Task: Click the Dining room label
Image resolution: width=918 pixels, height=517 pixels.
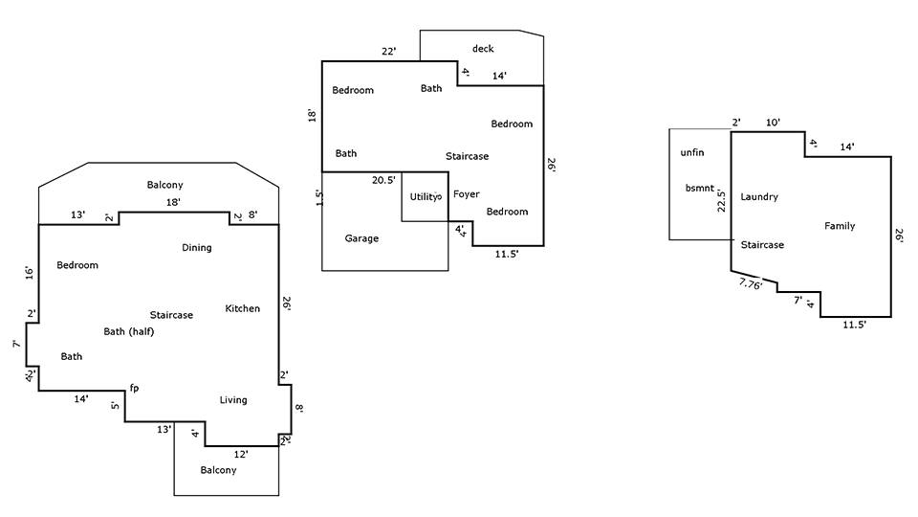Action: point(197,248)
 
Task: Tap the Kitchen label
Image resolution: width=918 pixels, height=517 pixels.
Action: point(242,308)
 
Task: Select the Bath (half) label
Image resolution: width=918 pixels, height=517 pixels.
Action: point(129,332)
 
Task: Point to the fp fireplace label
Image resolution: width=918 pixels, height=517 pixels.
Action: point(134,388)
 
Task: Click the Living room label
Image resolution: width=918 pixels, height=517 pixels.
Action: point(233,400)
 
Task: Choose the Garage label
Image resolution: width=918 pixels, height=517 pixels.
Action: point(361,238)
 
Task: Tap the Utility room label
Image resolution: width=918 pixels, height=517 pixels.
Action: point(424,197)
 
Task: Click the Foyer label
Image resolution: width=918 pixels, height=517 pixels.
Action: point(466,194)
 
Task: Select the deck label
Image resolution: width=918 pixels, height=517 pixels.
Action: point(483,49)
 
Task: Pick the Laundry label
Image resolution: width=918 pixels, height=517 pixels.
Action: point(758,197)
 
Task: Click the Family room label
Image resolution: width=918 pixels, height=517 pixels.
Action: point(840,226)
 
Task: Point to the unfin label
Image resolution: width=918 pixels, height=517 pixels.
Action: point(692,152)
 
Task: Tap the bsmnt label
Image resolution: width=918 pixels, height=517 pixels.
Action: point(700,189)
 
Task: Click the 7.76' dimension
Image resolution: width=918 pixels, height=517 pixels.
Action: point(750,284)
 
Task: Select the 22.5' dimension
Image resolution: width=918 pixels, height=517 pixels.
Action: point(721,200)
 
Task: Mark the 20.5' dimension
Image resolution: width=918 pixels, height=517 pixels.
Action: point(383,180)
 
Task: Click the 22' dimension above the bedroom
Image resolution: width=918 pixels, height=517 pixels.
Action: point(389,52)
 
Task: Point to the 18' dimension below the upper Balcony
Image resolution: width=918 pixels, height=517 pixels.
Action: point(173,202)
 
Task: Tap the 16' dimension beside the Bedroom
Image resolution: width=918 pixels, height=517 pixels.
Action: point(30,273)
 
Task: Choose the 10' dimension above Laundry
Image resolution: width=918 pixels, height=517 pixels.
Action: point(773,123)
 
